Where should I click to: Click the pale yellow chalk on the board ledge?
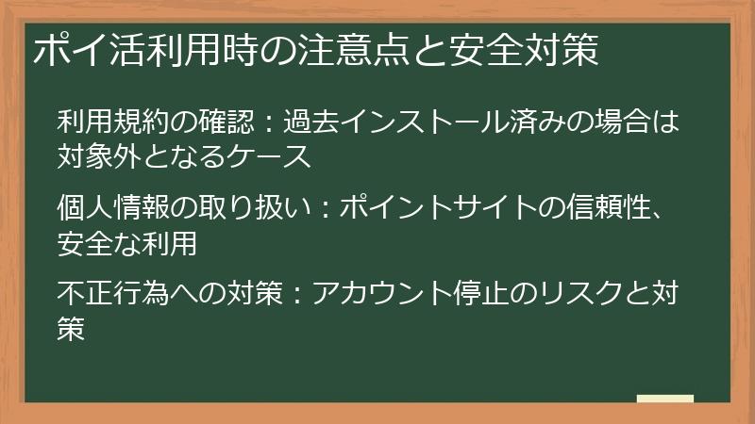[664, 399]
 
